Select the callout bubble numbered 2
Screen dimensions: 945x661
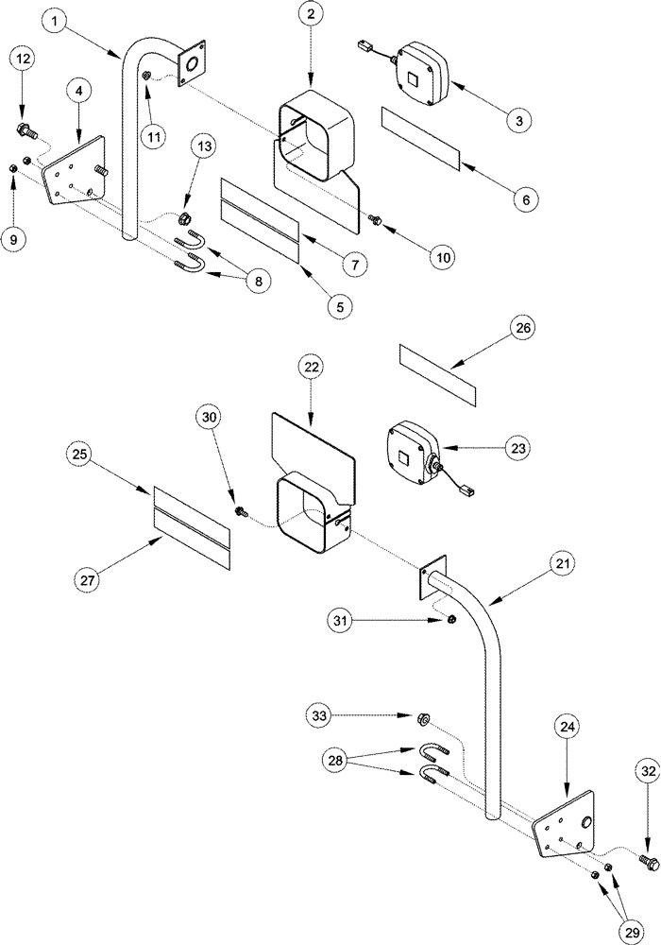coord(312,14)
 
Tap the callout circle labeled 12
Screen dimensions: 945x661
coord(25,60)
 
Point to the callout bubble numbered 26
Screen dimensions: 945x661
coord(523,329)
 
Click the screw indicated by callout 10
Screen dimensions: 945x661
coord(376,220)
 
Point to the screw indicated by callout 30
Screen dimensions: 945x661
coord(242,511)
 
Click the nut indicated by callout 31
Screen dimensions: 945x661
coord(451,620)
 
